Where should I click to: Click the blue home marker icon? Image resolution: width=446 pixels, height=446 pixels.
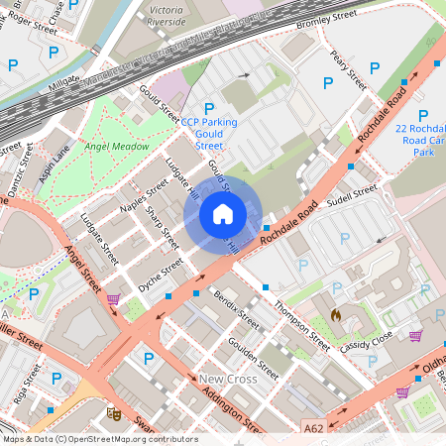point(223,213)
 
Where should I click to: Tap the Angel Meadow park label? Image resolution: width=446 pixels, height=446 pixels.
point(117,147)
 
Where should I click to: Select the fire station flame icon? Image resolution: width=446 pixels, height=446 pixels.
point(336,315)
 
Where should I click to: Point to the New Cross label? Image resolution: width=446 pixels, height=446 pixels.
point(227,379)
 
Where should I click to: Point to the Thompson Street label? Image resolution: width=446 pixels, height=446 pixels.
point(301,327)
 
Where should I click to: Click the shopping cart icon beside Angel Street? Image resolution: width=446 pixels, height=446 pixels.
point(113,299)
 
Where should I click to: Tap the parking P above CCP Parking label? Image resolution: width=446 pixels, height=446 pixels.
point(208,107)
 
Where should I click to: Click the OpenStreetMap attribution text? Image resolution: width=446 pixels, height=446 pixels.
point(99,438)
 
